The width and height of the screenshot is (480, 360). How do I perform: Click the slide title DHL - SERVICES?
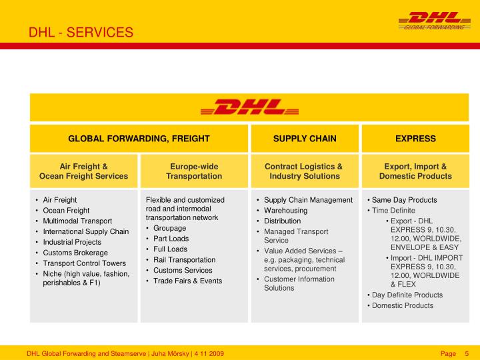(x=81, y=33)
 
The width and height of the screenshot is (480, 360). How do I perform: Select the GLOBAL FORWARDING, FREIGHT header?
(x=139, y=139)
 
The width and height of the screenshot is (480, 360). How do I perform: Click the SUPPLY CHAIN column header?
(x=305, y=139)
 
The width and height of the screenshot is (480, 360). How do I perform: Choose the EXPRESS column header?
(x=415, y=139)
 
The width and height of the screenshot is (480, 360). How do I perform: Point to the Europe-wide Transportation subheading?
(x=194, y=171)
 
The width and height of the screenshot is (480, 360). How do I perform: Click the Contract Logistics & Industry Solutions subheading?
(x=304, y=171)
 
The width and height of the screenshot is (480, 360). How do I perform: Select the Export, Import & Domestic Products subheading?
(x=415, y=171)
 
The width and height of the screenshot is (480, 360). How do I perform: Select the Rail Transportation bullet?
(x=184, y=259)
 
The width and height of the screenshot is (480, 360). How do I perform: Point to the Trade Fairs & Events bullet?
(x=187, y=281)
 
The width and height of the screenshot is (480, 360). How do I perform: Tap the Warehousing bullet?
(x=285, y=210)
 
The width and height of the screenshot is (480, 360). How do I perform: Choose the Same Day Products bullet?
(x=404, y=199)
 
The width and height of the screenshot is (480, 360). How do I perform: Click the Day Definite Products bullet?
(x=407, y=295)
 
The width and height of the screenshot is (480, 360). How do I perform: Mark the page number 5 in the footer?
(x=467, y=353)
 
